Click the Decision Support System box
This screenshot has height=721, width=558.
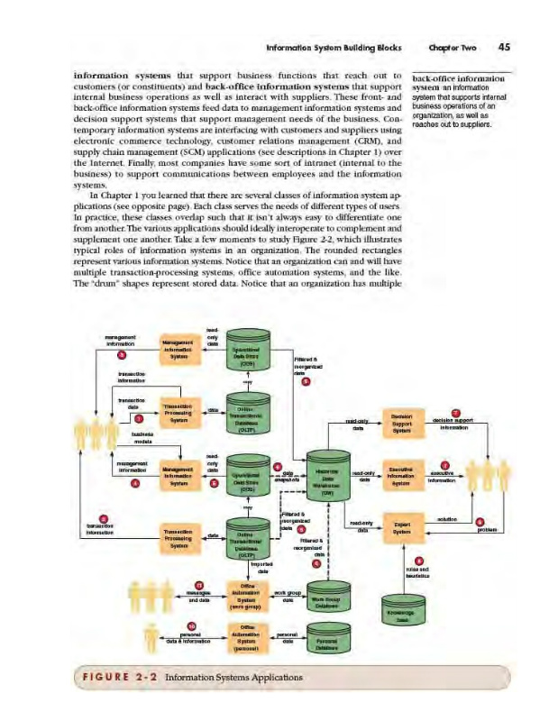(402, 423)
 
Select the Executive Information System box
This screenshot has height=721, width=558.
(402, 477)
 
